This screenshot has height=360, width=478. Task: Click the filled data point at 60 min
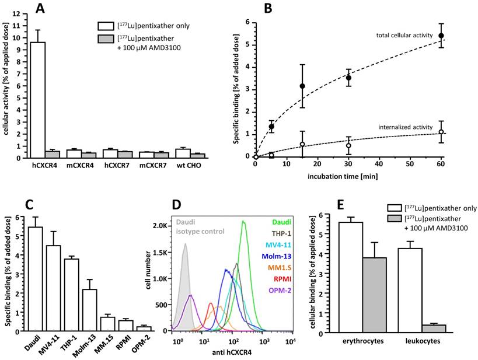pyautogui.click(x=441, y=36)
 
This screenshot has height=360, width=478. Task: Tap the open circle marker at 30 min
pyautogui.click(x=348, y=145)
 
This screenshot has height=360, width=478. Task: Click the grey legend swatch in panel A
pyautogui.click(x=106, y=40)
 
